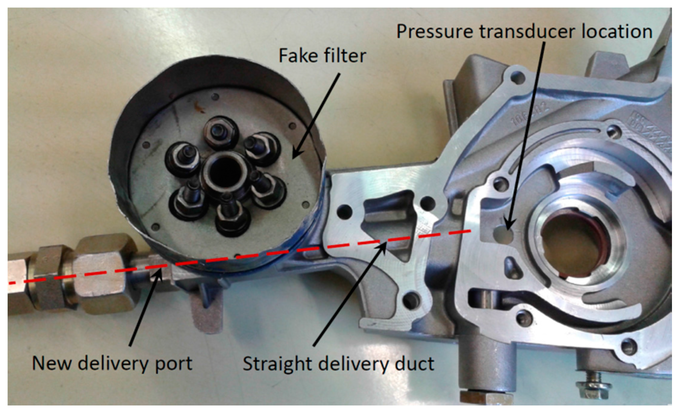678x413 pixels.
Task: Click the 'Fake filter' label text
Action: pyautogui.click(x=322, y=56)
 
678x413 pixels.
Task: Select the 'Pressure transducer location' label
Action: pyautogui.click(x=524, y=32)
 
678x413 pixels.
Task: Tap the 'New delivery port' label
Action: pyautogui.click(x=112, y=364)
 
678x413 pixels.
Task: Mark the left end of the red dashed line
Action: pyautogui.click(x=11, y=283)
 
